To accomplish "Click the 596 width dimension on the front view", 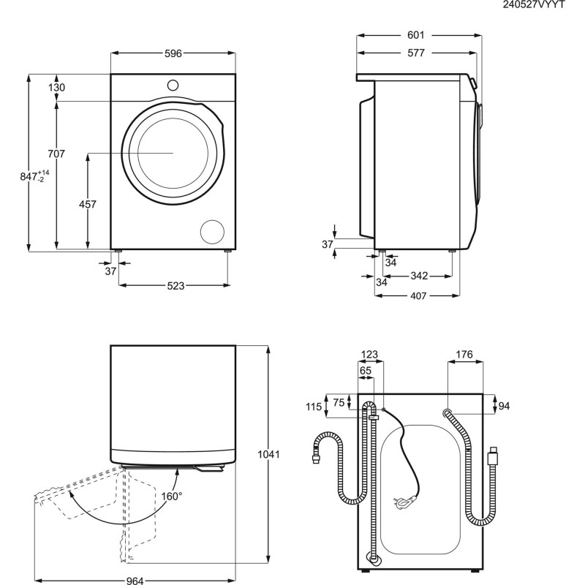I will pyautogui.click(x=173, y=53).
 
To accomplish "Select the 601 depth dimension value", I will pyautogui.click(x=417, y=35).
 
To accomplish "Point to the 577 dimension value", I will pyautogui.click(x=417, y=53).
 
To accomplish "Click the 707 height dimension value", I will pyautogui.click(x=56, y=154).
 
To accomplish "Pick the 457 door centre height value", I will pyautogui.click(x=87, y=205).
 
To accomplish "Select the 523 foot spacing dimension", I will pyautogui.click(x=174, y=286).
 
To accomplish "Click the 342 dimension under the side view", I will pyautogui.click(x=418, y=276).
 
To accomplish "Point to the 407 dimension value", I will pyautogui.click(x=418, y=296).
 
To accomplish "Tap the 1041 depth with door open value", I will pyautogui.click(x=269, y=454).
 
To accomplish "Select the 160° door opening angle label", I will pyautogui.click(x=171, y=495).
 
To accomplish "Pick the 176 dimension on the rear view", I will pyautogui.click(x=464, y=355).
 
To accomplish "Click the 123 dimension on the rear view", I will pyautogui.click(x=370, y=355).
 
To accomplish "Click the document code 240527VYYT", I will pyautogui.click(x=534, y=5).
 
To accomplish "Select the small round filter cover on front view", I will pyautogui.click(x=213, y=230).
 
